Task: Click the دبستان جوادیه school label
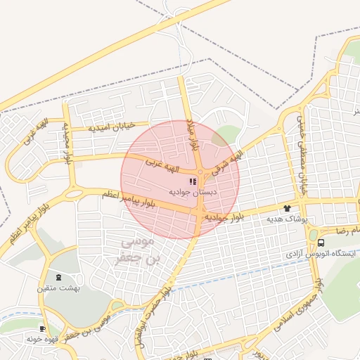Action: point(193,191)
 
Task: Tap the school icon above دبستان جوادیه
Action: point(193,181)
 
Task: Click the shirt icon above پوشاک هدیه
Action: point(286,208)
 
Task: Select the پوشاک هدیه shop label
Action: point(287,219)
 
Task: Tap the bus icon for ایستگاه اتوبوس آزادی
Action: point(321,243)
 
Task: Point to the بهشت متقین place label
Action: point(59,288)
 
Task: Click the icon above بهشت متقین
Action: point(58,277)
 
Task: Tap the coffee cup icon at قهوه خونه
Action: point(43,328)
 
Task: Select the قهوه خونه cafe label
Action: point(41,338)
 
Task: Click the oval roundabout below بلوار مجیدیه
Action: point(74,193)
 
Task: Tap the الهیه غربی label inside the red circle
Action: point(162,167)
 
